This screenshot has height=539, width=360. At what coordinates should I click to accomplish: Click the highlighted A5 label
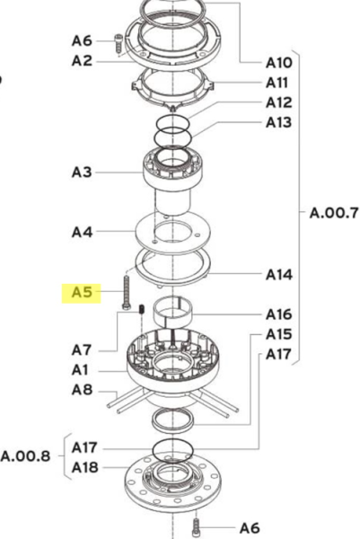pyautogui.click(x=82, y=293)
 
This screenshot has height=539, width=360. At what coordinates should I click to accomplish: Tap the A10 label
pyautogui.click(x=279, y=63)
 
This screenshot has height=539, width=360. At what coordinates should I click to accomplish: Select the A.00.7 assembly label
pyautogui.click(x=334, y=213)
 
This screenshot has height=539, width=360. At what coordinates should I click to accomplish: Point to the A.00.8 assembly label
pyautogui.click(x=26, y=456)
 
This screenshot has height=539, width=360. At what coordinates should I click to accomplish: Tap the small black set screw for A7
pyautogui.click(x=142, y=309)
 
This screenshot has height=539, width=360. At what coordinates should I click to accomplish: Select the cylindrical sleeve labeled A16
pyautogui.click(x=172, y=312)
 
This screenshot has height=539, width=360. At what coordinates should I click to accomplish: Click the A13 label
pyautogui.click(x=279, y=122)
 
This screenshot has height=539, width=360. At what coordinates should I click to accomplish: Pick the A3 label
pyautogui.click(x=82, y=172)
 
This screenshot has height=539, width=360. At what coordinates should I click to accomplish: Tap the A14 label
pyautogui.click(x=279, y=275)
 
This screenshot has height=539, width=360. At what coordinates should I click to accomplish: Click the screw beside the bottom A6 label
pyautogui.click(x=196, y=528)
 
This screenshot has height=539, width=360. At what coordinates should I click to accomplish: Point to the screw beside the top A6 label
pyautogui.click(x=119, y=44)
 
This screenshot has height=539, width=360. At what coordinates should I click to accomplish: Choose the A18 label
pyautogui.click(x=85, y=467)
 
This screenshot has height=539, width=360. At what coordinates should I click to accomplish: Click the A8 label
pyautogui.click(x=82, y=390)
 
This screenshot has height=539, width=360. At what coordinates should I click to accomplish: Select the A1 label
pyautogui.click(x=80, y=370)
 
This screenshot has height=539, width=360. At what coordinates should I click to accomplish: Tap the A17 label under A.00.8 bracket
pyautogui.click(x=85, y=447)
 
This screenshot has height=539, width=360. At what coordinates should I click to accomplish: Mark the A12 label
pyautogui.click(x=279, y=102)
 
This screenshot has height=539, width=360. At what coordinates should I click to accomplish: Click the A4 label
pyautogui.click(x=82, y=233)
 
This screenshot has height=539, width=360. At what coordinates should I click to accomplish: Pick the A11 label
pyautogui.click(x=277, y=83)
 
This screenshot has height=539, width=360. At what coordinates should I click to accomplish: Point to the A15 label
pyautogui.click(x=279, y=334)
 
